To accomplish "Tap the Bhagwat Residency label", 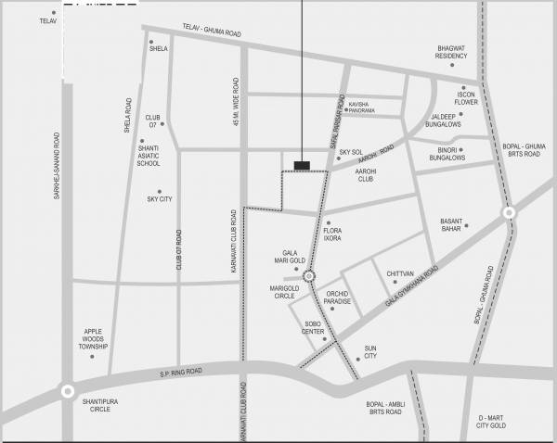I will (458, 52).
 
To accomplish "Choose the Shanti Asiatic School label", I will (149, 155).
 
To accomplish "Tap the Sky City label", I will (160, 199).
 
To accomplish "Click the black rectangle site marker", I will (302, 165).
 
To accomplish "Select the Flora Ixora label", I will (332, 234).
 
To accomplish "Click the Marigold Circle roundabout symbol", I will (309, 275).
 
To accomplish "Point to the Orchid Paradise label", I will (337, 298).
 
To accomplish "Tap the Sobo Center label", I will (313, 327).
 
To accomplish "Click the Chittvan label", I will (399, 273).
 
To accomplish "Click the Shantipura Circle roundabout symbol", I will (67, 391).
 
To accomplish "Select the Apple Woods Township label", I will (93, 339).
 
